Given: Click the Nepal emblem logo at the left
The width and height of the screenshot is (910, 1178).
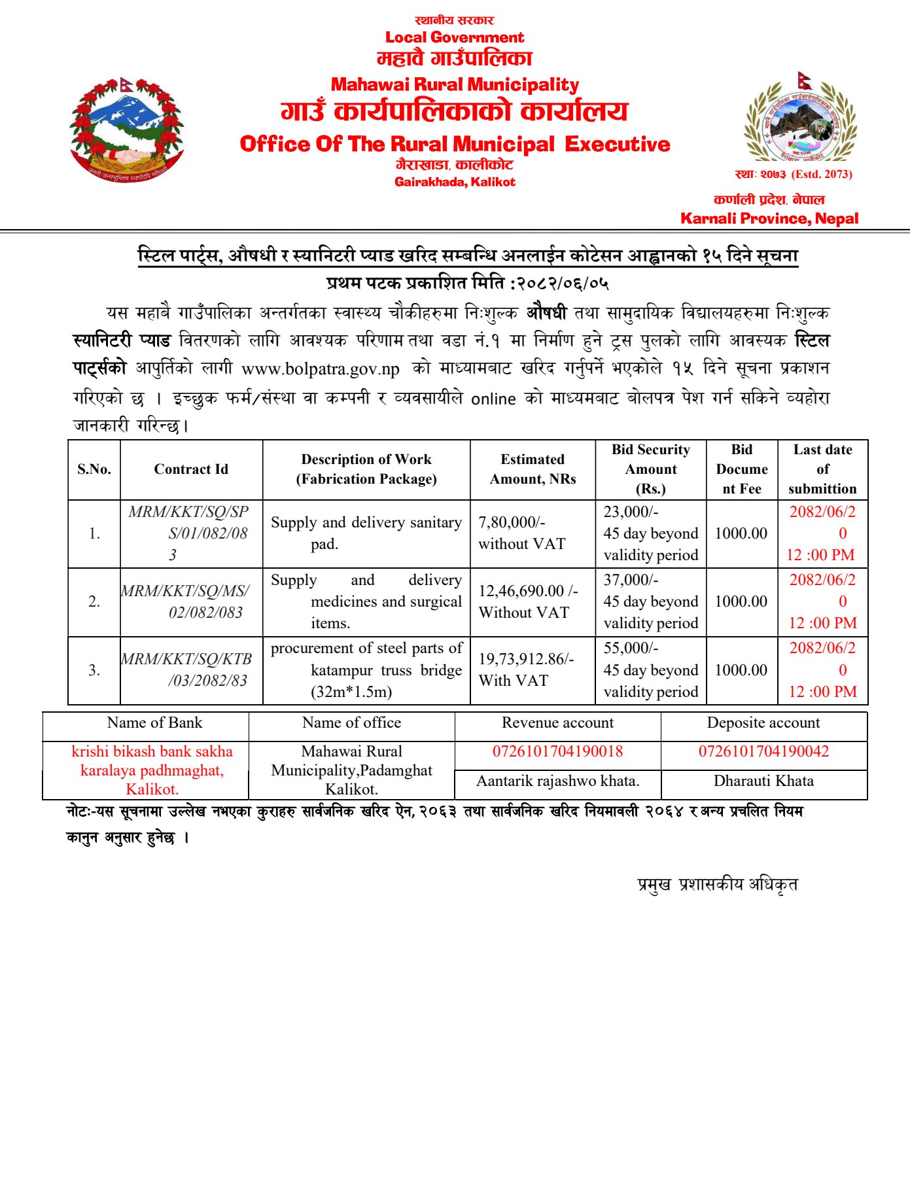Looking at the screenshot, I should (127, 130).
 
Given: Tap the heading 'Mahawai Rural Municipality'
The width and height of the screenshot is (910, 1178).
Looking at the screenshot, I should (455, 84).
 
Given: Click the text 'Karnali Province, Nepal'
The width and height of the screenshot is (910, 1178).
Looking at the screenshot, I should (769, 219).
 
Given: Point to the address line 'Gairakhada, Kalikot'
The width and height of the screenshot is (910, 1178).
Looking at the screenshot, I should (455, 182).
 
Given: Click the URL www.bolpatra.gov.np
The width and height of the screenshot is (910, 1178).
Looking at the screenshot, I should (321, 369).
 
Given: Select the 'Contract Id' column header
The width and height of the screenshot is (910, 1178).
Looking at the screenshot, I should (191, 469).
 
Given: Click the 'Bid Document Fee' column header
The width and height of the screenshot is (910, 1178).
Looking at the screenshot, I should (741, 469).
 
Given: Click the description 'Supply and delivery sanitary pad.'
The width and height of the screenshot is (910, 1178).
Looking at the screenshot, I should (366, 533).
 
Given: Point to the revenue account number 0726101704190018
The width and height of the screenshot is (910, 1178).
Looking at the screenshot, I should (557, 751).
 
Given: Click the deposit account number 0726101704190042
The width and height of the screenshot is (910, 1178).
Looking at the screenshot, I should (763, 751).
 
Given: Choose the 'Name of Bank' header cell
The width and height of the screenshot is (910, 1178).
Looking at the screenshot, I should (154, 723).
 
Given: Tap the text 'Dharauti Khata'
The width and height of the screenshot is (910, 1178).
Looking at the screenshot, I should (763, 781).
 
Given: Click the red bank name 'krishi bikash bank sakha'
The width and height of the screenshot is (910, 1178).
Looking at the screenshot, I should (152, 751).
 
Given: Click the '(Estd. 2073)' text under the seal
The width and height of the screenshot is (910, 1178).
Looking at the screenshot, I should (822, 174).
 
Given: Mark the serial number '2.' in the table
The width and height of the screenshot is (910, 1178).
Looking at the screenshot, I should (94, 601).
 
